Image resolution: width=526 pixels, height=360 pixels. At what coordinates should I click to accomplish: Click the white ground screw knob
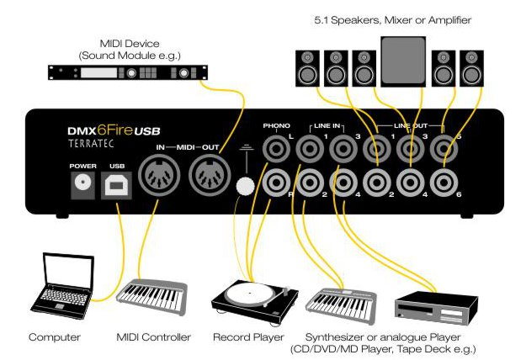[x=247, y=186]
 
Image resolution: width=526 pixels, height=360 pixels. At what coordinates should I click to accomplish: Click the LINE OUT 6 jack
[x=444, y=182]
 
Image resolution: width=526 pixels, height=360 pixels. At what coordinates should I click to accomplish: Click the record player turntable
[x=250, y=294]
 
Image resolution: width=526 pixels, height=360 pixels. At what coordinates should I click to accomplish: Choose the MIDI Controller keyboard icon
[x=151, y=294]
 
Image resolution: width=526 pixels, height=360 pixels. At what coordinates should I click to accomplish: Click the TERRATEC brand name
[x=99, y=144]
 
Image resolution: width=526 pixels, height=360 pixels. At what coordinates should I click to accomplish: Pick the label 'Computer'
[x=55, y=336]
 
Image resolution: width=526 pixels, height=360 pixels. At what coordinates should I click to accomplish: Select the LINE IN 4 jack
[x=343, y=182]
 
